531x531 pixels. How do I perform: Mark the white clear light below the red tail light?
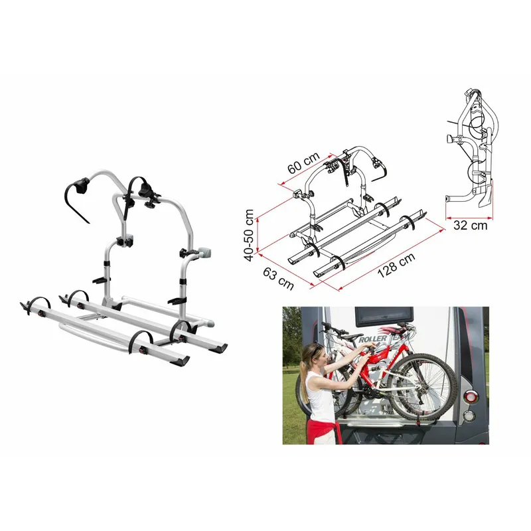click(x=469, y=416)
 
